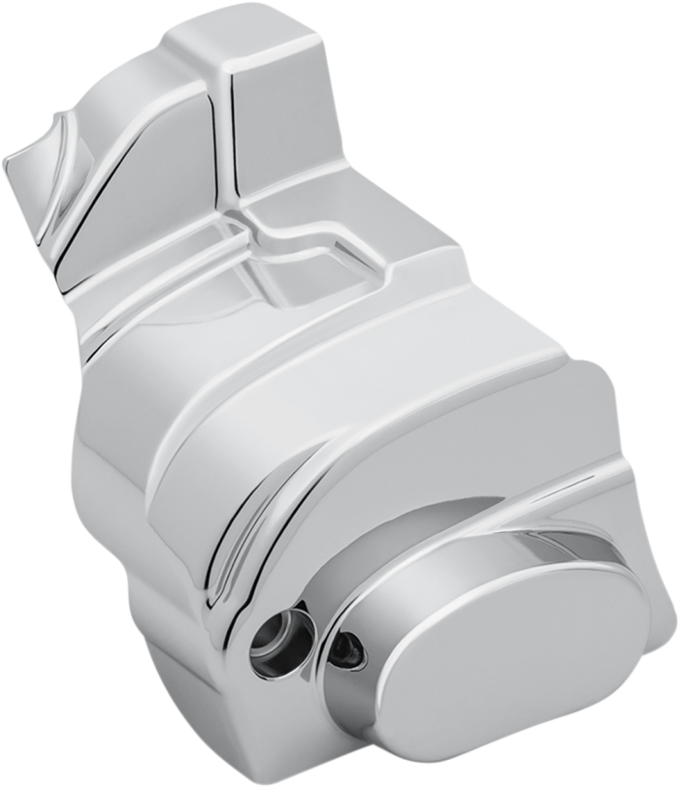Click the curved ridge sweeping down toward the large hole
point(252,543)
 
